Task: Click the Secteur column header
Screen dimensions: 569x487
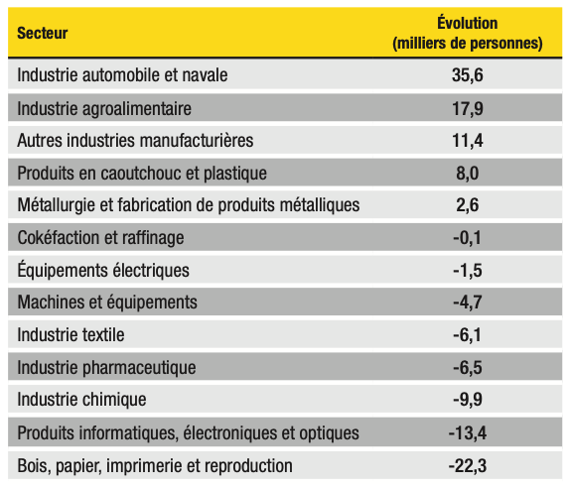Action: (x=43, y=33)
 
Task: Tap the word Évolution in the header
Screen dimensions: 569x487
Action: (x=468, y=23)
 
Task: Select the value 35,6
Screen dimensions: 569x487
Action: (x=468, y=75)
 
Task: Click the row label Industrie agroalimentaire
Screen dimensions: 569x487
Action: (x=104, y=109)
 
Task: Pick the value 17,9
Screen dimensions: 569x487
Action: (x=468, y=109)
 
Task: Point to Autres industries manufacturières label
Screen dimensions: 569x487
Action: (x=135, y=140)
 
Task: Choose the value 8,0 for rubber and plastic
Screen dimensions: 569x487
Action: (x=468, y=174)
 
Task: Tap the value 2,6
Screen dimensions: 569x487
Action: (x=468, y=205)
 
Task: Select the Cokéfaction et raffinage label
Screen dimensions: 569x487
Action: (x=101, y=238)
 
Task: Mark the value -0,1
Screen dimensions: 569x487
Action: (x=468, y=238)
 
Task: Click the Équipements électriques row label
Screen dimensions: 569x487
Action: (x=103, y=269)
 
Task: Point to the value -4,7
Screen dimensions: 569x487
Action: (x=468, y=302)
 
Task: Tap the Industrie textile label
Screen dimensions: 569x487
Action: (x=71, y=334)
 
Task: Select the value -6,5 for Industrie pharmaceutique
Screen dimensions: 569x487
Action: (x=468, y=367)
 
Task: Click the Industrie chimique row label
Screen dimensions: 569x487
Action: (x=82, y=400)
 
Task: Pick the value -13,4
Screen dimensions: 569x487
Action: (x=468, y=432)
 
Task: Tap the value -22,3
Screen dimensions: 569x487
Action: (x=468, y=465)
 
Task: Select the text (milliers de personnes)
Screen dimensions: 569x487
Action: (x=468, y=43)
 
